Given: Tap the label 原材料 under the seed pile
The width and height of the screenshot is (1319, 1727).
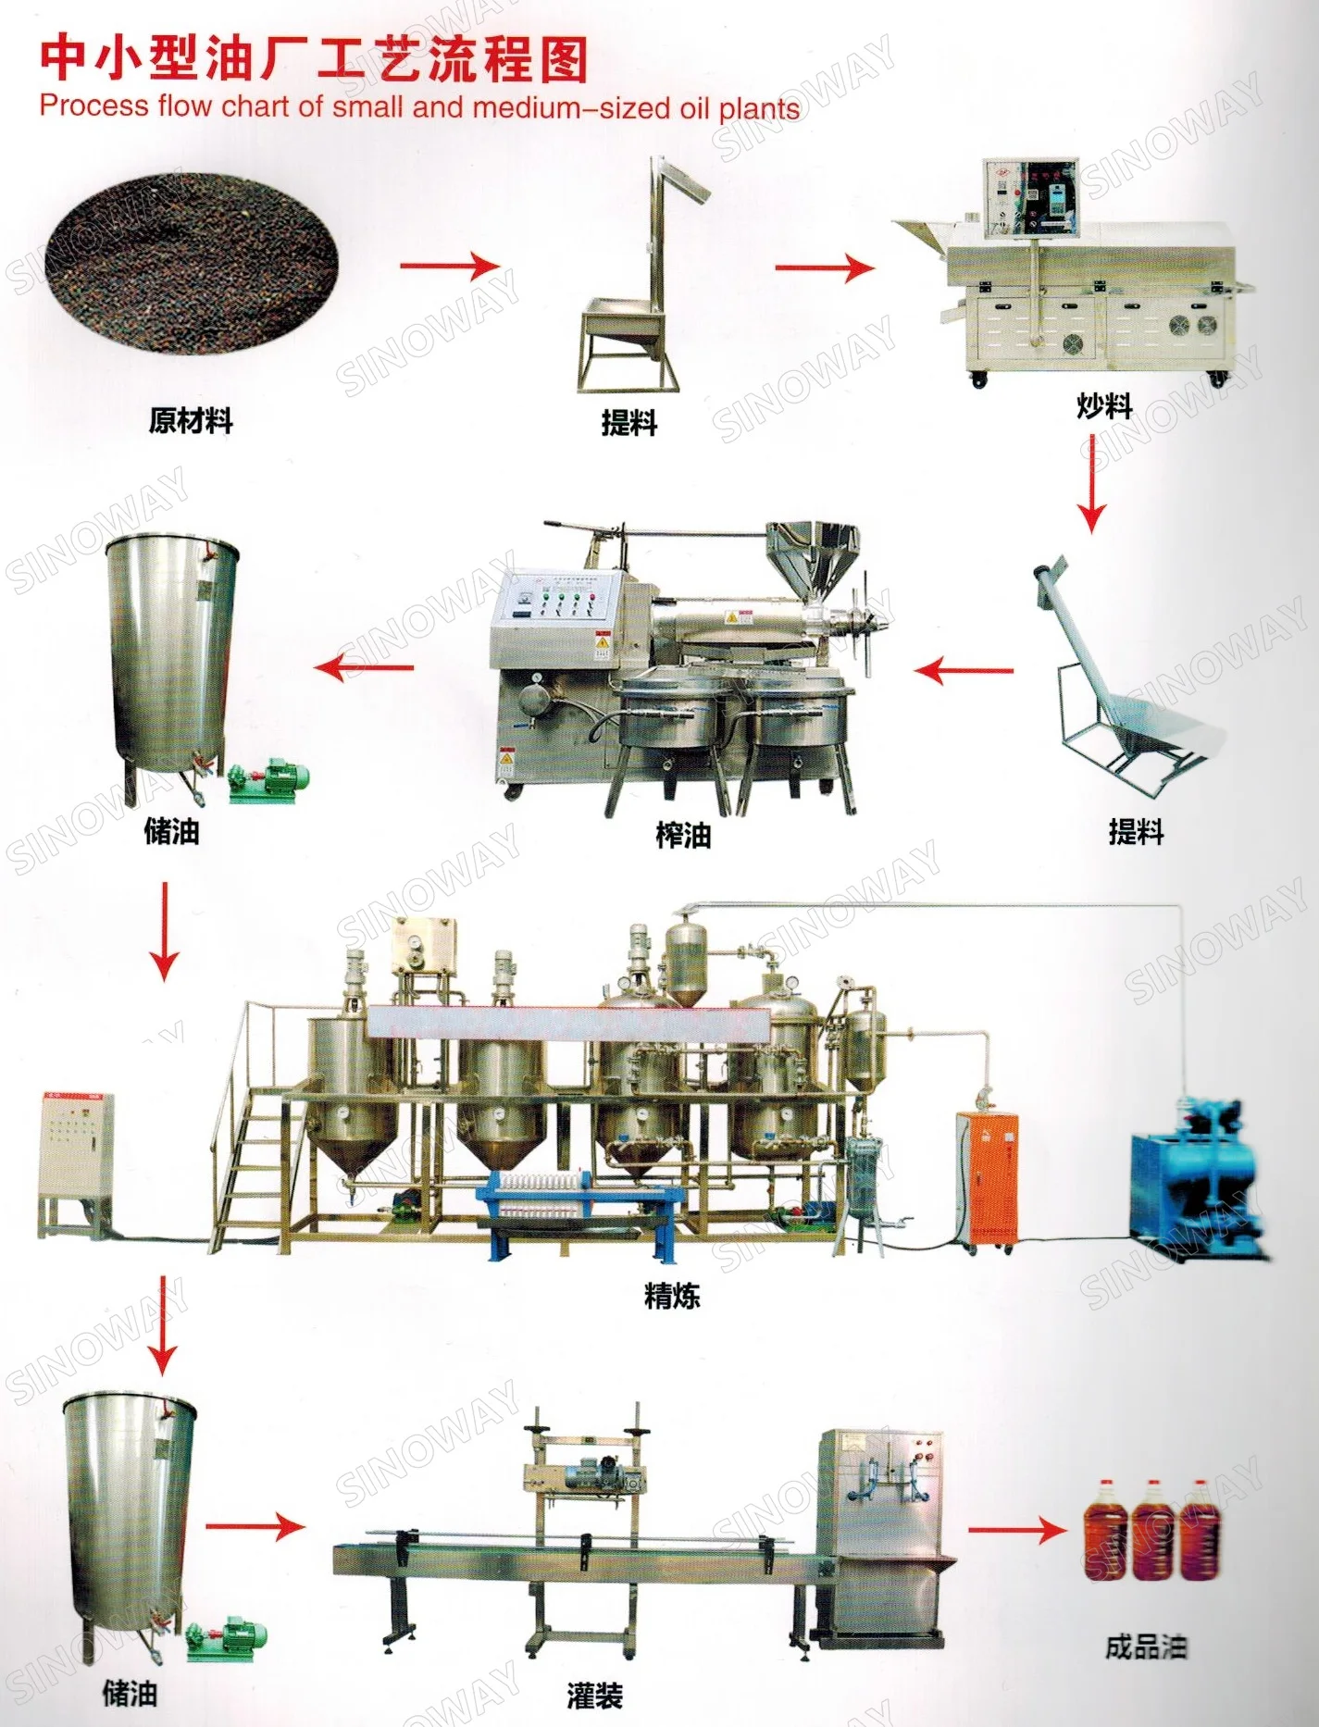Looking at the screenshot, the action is (191, 421).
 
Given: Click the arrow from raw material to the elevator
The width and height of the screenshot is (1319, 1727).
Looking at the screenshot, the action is (450, 267).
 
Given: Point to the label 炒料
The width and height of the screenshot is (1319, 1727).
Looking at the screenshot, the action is (1104, 405).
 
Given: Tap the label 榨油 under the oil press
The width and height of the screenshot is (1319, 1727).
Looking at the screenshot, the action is (683, 836).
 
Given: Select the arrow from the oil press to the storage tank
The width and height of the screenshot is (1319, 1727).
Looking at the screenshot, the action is (365, 666).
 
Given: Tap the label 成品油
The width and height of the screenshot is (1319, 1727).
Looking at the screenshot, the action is (1145, 1647).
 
